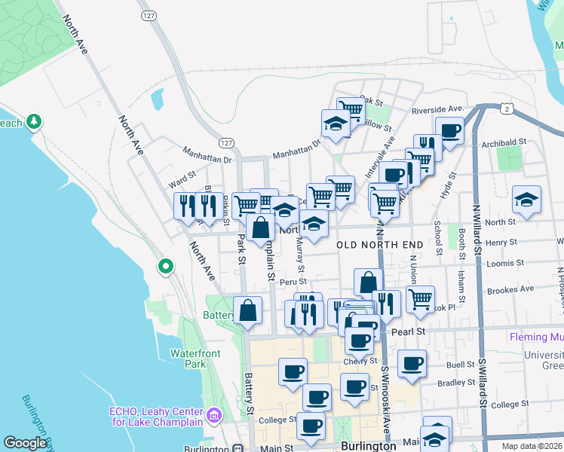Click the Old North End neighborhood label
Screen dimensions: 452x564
[x=378, y=245]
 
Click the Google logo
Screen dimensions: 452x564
[x=25, y=443]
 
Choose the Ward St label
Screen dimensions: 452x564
[x=182, y=182]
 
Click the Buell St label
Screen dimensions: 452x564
[x=459, y=364]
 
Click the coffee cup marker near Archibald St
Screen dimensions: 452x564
[x=449, y=131]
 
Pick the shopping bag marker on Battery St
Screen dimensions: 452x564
[x=247, y=310]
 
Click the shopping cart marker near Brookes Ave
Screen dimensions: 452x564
[x=420, y=298]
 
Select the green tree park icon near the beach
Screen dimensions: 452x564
[x=33, y=121]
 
